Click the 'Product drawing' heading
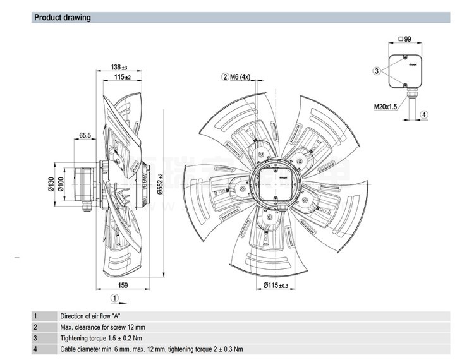62,18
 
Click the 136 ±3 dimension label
119,67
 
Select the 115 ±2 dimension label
122,77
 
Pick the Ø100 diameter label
61,184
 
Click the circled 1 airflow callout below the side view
114,297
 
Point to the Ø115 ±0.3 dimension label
275,286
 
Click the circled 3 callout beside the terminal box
377,71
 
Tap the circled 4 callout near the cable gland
424,114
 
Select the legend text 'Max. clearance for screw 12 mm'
102,327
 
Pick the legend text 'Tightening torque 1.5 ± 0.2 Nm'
105,338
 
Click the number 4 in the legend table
36,349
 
